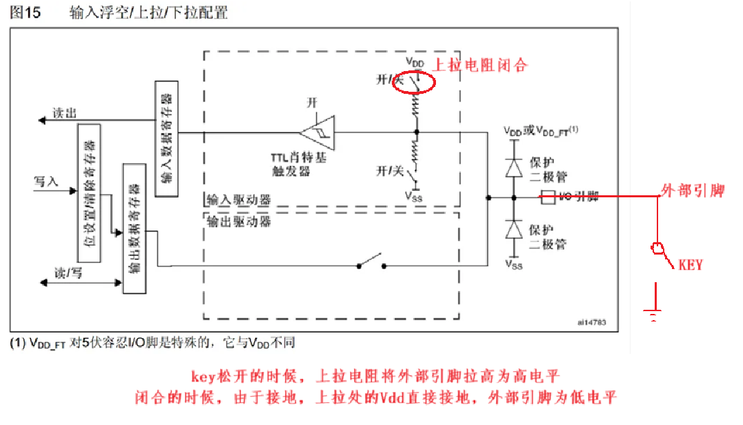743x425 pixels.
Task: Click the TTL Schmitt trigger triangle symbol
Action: (x=318, y=130)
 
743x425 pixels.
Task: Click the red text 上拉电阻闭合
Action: (x=480, y=66)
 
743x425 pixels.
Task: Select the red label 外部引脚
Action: (x=693, y=191)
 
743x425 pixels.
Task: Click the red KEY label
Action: (x=691, y=264)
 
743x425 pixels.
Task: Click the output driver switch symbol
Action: (x=370, y=263)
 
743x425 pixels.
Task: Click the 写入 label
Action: (x=46, y=181)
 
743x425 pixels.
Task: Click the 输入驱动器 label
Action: (x=238, y=200)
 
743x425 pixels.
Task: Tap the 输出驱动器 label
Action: (x=238, y=221)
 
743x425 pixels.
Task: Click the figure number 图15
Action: (x=26, y=13)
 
